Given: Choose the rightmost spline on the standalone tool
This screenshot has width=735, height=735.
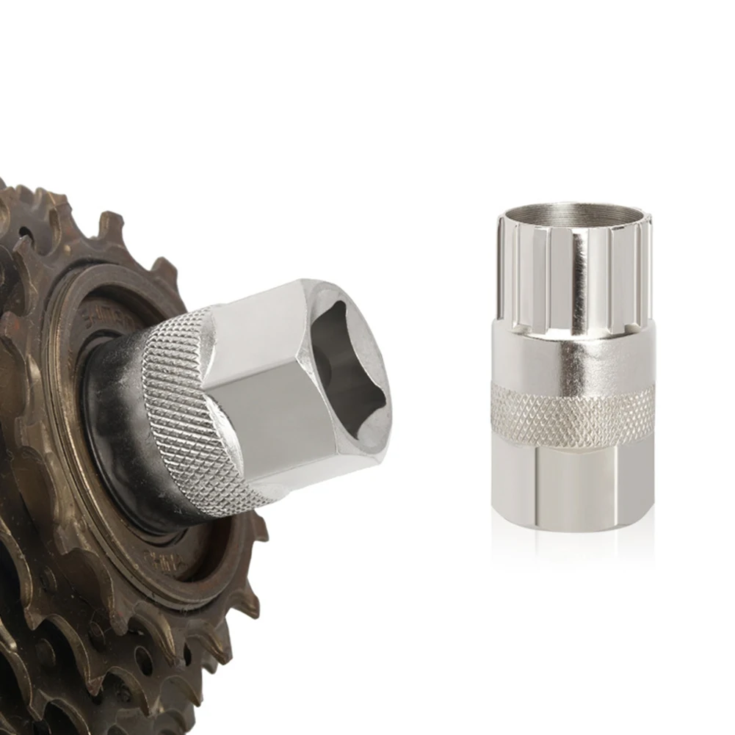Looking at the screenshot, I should click(645, 272).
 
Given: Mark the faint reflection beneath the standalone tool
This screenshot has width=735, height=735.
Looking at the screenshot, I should click(573, 543).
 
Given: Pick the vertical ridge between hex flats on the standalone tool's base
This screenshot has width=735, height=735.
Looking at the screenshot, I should click(535, 485).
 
